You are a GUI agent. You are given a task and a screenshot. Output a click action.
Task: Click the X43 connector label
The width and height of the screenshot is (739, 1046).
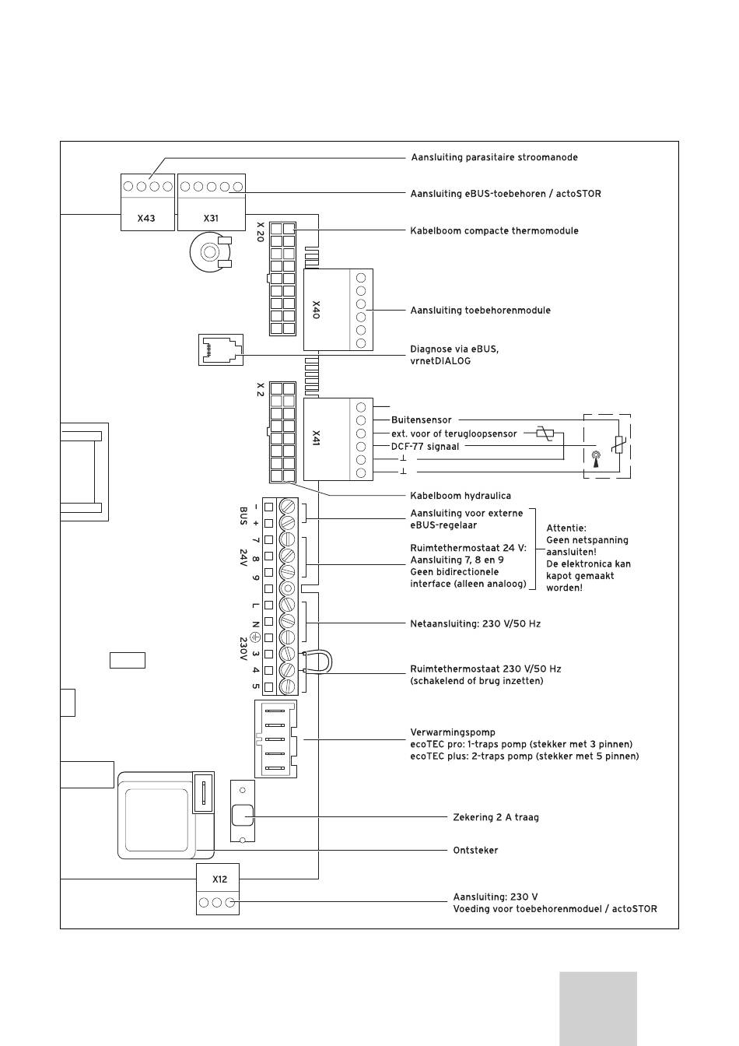[x=146, y=218]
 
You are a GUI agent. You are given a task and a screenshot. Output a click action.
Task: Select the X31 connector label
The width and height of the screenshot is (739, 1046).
[x=211, y=218]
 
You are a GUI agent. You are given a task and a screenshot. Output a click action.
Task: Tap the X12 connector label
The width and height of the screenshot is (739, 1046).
[x=219, y=879]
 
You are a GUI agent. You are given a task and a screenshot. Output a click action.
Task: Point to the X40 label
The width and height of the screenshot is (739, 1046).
[x=316, y=310]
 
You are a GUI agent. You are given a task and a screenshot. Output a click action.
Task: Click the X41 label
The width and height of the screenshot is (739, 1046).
[x=316, y=438]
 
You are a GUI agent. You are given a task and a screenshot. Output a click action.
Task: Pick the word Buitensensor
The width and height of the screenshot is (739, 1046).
[x=422, y=420]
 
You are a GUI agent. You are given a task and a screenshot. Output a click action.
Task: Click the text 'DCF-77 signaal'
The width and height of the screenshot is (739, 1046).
[x=426, y=447]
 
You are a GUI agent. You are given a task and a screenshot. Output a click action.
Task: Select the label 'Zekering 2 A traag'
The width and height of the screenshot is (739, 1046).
[x=496, y=817]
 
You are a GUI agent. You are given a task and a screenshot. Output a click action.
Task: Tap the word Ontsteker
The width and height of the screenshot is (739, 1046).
[x=475, y=851]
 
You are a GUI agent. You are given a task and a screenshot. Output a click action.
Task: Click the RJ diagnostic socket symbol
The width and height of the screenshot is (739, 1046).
[x=221, y=349]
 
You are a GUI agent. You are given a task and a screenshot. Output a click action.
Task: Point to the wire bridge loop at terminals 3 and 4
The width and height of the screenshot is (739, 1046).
[x=323, y=662]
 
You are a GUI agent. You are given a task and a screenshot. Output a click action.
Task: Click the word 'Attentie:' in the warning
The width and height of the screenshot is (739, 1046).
[x=566, y=528]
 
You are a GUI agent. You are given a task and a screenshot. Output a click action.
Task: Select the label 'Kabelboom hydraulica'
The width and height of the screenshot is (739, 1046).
[x=461, y=496]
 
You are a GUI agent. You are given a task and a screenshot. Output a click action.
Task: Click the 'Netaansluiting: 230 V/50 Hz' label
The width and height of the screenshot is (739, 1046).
[x=475, y=624]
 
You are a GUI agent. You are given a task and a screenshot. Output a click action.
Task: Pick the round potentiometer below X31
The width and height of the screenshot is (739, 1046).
[x=211, y=252]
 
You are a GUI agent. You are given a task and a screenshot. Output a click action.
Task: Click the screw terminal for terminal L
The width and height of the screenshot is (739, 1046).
[x=287, y=605]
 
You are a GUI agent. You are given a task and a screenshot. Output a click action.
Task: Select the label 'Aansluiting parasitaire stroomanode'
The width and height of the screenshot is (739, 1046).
[x=495, y=157]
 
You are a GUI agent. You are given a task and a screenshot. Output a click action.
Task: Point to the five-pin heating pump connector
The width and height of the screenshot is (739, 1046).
[x=275, y=739]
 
